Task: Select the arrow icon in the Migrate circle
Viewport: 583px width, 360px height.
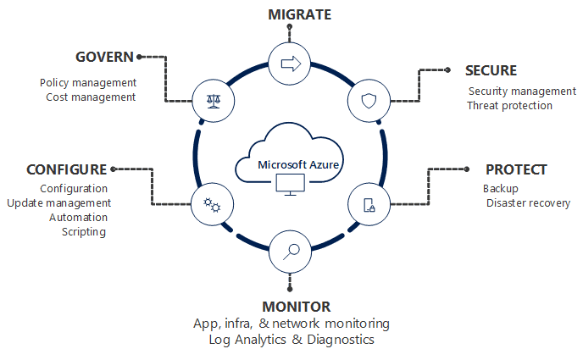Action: tap(290, 64)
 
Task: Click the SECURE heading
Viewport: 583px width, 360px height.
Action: tap(491, 70)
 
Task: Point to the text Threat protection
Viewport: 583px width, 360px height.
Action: tap(509, 106)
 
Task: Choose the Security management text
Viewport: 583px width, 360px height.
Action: tap(522, 91)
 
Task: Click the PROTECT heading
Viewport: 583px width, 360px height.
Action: tap(515, 169)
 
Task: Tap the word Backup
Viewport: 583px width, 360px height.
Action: tap(500, 189)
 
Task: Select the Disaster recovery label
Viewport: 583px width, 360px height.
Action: tap(528, 203)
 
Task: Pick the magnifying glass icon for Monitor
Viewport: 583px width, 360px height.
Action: tap(290, 249)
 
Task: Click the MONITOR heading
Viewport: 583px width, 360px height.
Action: tap(290, 306)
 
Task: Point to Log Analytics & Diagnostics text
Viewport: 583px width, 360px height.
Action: tap(291, 339)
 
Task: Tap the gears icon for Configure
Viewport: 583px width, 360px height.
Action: tap(212, 204)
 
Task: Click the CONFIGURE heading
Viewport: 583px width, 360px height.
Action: tap(66, 169)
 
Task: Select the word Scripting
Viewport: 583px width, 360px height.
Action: tap(84, 232)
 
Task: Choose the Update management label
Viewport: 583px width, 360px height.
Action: tap(58, 203)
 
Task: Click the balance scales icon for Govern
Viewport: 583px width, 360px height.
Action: tap(212, 101)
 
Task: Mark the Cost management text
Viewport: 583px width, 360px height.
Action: tap(91, 97)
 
